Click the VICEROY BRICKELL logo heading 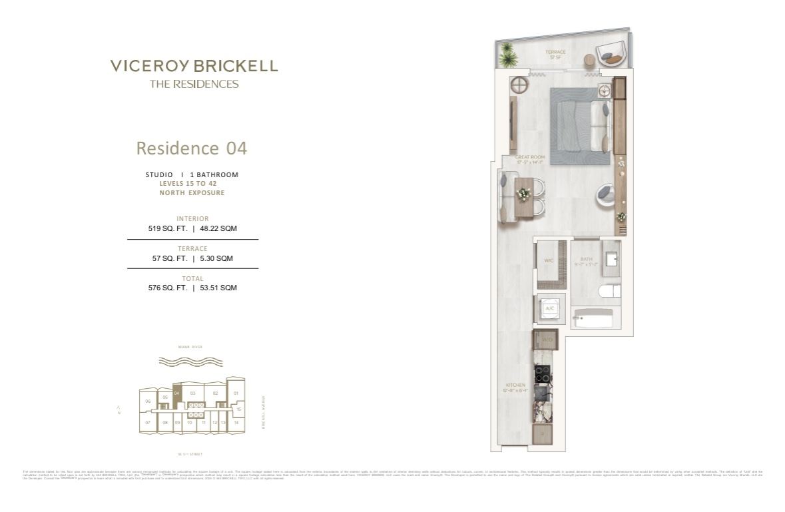point(194,66)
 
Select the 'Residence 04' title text point(192,148)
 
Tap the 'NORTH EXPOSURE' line point(192,193)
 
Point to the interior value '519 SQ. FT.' point(167,228)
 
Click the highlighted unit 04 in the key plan point(176,393)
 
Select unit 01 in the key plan point(236,393)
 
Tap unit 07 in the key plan point(148,423)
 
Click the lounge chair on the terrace point(610,53)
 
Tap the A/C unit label point(551,309)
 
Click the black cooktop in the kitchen point(543,375)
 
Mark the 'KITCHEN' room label point(515,385)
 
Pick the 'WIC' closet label point(549,261)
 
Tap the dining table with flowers point(523,197)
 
